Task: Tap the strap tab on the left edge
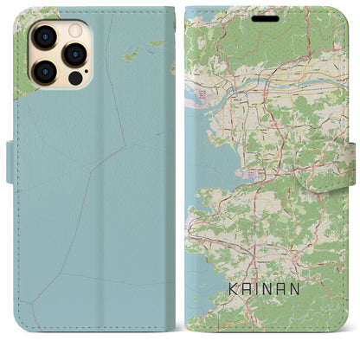10,161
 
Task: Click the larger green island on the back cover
132,55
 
